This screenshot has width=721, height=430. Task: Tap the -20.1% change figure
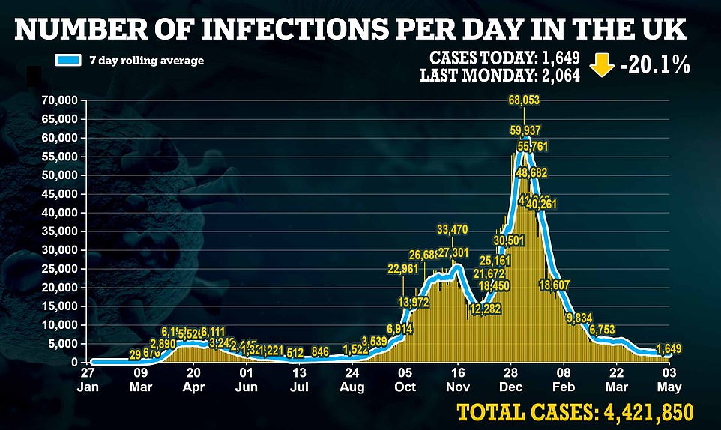click(x=654, y=66)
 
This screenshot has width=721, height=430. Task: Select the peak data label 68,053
click(x=524, y=100)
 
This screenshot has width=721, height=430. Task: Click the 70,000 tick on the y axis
click(x=62, y=100)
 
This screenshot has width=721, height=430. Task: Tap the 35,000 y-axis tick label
click(x=62, y=231)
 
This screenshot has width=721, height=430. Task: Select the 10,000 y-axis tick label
click(x=62, y=325)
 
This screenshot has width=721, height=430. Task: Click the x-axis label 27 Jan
click(x=88, y=380)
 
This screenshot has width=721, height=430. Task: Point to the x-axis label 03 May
click(x=669, y=380)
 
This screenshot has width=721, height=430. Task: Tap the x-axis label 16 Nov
click(x=457, y=380)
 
